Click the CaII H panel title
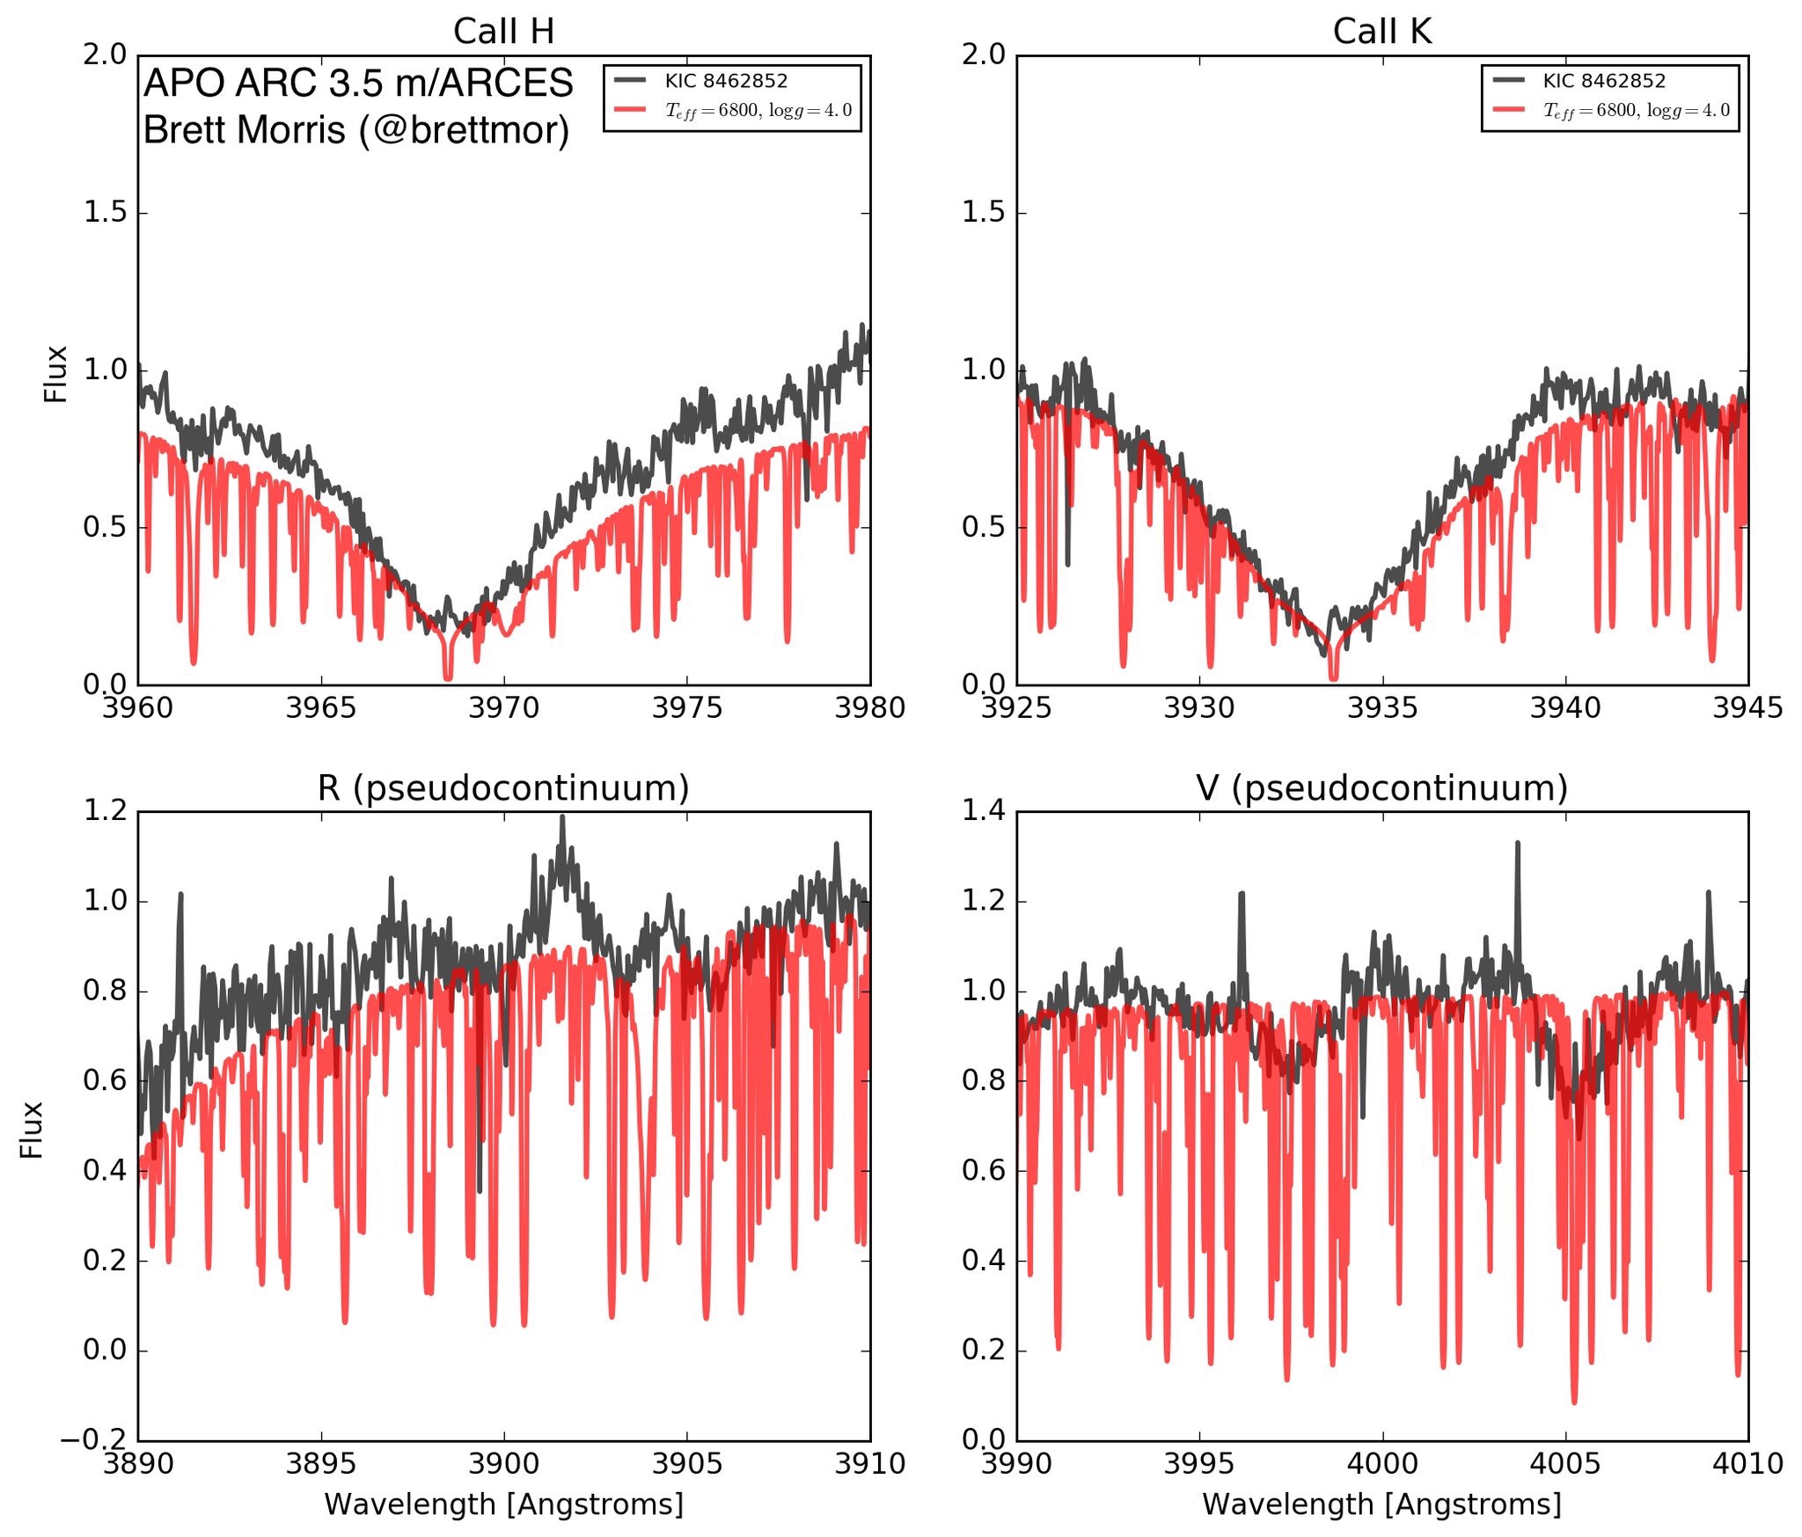503,32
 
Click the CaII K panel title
1381,32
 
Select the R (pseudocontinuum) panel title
503,788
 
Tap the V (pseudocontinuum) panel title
1381,788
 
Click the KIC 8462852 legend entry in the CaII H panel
726,81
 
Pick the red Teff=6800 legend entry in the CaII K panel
1636,111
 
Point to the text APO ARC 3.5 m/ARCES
358,84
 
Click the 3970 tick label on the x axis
503,707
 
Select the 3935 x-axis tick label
1382,707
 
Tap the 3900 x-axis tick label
503,1464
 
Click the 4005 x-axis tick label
1565,1464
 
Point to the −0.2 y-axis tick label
92,1440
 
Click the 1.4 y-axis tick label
982,810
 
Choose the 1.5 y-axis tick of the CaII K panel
982,213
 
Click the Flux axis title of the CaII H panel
56,374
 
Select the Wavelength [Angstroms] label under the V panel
1381,1504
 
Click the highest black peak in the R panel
562,818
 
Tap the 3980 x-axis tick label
869,707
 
